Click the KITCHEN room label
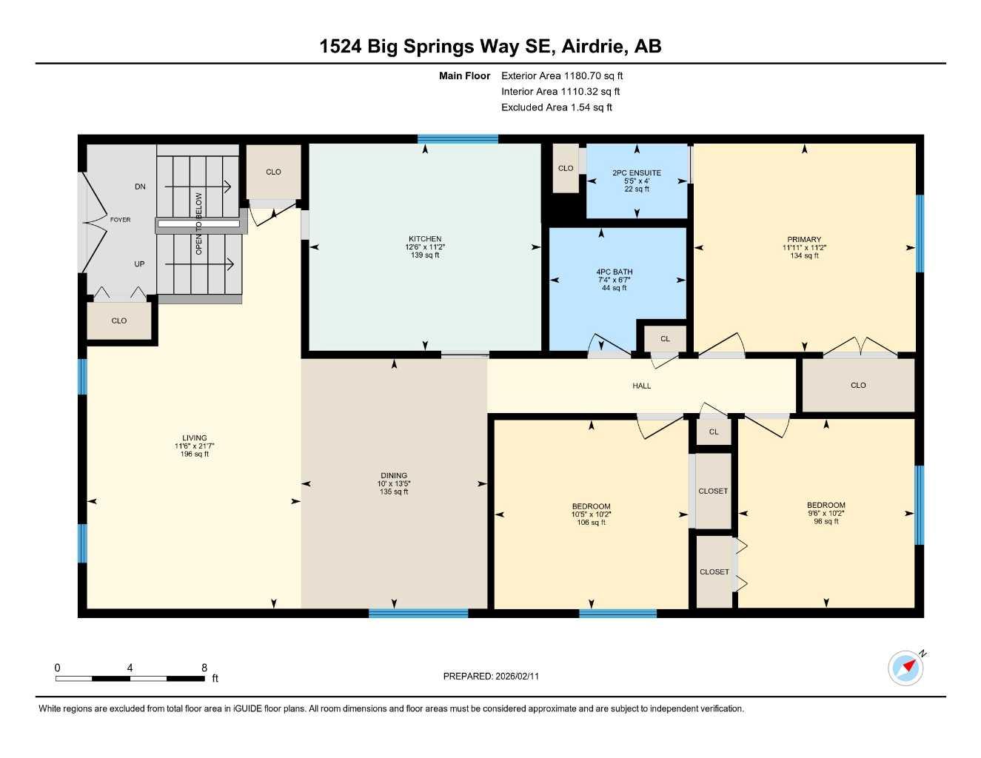click(425, 238)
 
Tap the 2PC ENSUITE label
click(637, 172)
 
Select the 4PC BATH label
click(614, 272)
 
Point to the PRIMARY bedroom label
click(804, 239)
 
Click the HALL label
click(641, 386)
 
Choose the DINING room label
click(394, 475)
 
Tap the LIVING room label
click(195, 437)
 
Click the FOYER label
click(120, 220)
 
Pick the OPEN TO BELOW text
click(198, 224)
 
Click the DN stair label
click(140, 187)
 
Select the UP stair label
click(139, 264)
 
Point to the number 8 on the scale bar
click(204, 668)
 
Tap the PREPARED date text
click(491, 677)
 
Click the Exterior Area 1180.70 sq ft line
click(562, 76)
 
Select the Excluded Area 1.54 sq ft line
click(557, 107)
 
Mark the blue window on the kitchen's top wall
click(458, 138)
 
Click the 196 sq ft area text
click(195, 454)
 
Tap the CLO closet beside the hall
click(858, 386)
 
